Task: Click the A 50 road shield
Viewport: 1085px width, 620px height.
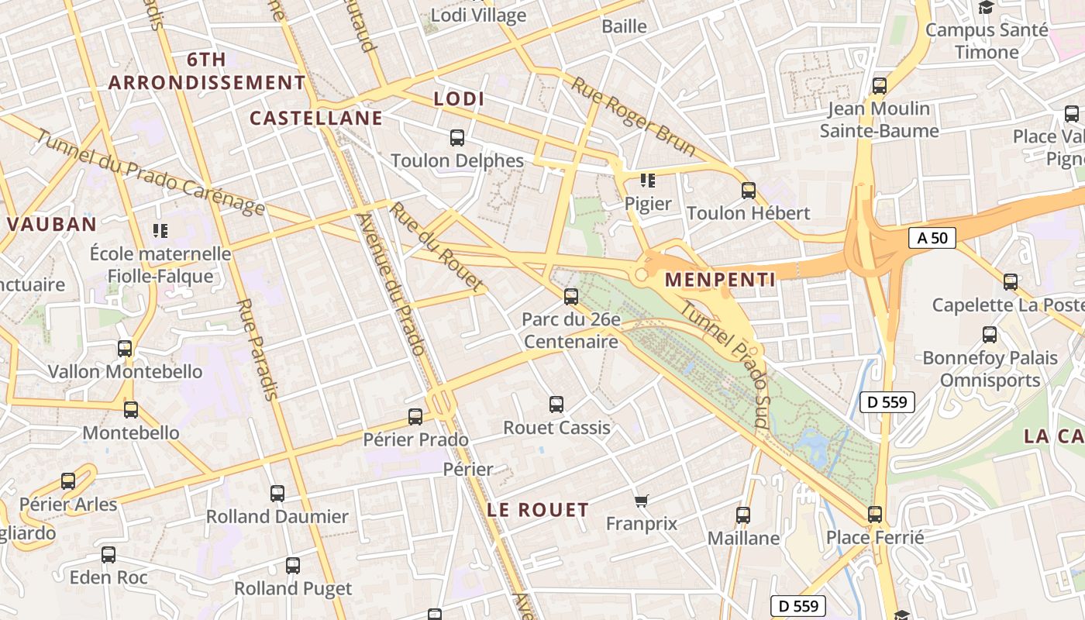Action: click(932, 238)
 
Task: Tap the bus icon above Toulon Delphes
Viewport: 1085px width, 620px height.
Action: click(457, 138)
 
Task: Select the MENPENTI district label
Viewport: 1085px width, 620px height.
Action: click(720, 280)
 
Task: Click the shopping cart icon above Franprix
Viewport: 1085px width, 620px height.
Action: click(641, 501)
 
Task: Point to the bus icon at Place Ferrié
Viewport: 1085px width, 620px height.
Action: click(875, 514)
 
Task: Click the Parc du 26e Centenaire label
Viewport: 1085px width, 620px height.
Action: click(571, 330)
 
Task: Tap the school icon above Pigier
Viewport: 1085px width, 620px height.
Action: click(648, 181)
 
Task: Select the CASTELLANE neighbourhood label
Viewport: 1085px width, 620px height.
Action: click(316, 118)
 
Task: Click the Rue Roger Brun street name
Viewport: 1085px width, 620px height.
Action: click(633, 116)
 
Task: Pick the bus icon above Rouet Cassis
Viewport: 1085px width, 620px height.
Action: click(556, 404)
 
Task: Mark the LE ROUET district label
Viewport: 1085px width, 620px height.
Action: click(538, 510)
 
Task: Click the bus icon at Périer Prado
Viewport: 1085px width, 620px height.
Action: click(415, 417)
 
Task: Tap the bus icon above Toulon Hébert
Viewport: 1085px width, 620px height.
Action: click(748, 190)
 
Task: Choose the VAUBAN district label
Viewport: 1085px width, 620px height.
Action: click(52, 225)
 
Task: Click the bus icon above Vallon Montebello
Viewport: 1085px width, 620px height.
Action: click(125, 349)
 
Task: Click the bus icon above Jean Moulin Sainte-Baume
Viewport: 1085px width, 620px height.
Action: click(880, 85)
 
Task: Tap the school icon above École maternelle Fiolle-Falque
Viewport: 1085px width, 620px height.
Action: click(160, 230)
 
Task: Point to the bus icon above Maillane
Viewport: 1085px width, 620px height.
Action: click(743, 515)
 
